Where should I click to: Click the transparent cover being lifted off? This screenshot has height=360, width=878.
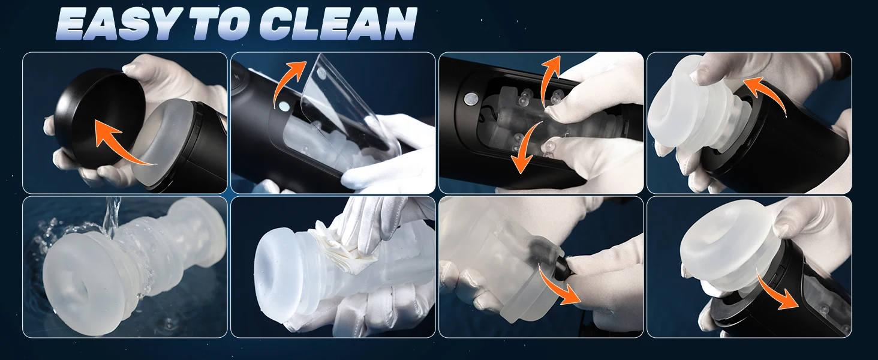[345, 114]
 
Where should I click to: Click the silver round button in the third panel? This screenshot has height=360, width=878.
[469, 98]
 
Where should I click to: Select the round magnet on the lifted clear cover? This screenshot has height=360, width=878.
[322, 72]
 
